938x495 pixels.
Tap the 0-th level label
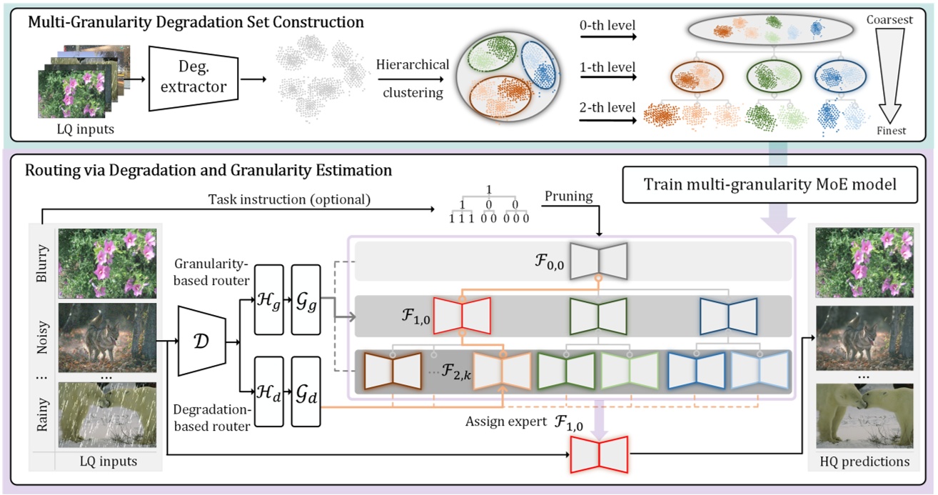[x=608, y=26]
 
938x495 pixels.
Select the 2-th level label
[x=608, y=108]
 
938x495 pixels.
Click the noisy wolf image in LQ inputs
[x=107, y=338]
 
